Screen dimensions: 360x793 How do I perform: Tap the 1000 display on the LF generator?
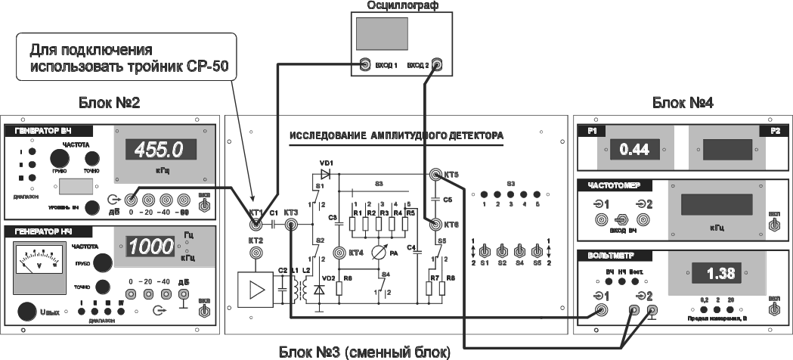[153, 246]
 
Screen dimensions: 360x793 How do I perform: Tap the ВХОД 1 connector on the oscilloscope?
[365, 64]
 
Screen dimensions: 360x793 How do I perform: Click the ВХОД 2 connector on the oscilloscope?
[437, 64]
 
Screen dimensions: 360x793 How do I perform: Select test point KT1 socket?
[256, 224]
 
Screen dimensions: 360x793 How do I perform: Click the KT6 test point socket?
[435, 224]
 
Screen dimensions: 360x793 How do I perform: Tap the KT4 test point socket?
[340, 253]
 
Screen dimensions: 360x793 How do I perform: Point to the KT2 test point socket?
[256, 253]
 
